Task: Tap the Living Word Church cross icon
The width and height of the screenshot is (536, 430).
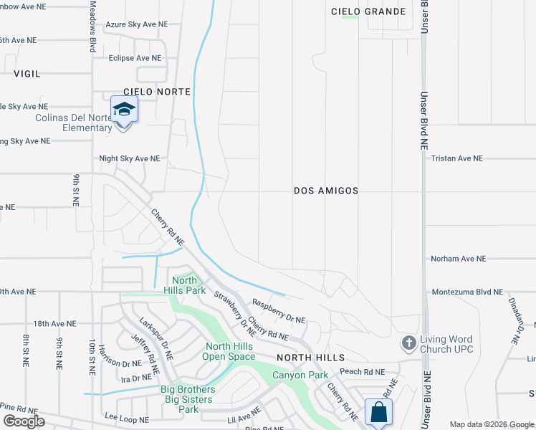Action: pos(409,343)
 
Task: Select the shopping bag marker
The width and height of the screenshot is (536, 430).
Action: pos(378,412)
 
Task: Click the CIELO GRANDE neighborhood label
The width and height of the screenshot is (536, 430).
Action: pos(368,11)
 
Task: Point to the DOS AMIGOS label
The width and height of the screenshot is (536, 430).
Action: pos(326,191)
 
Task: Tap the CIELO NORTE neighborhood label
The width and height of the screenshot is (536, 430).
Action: pos(157,92)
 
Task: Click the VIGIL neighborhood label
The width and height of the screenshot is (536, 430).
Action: pos(26,74)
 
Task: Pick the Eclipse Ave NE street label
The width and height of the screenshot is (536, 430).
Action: pos(135,58)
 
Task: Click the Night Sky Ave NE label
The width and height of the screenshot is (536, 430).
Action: pos(129,158)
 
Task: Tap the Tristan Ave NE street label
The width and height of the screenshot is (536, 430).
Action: pos(456,158)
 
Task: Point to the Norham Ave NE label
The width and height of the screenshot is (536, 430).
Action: pos(458,259)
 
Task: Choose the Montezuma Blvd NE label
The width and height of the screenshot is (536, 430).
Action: pos(467,292)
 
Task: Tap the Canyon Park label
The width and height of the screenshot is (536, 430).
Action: pos(299,375)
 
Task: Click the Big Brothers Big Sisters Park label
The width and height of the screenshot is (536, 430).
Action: pos(188,399)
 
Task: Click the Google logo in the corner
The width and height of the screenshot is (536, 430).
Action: pos(24,421)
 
